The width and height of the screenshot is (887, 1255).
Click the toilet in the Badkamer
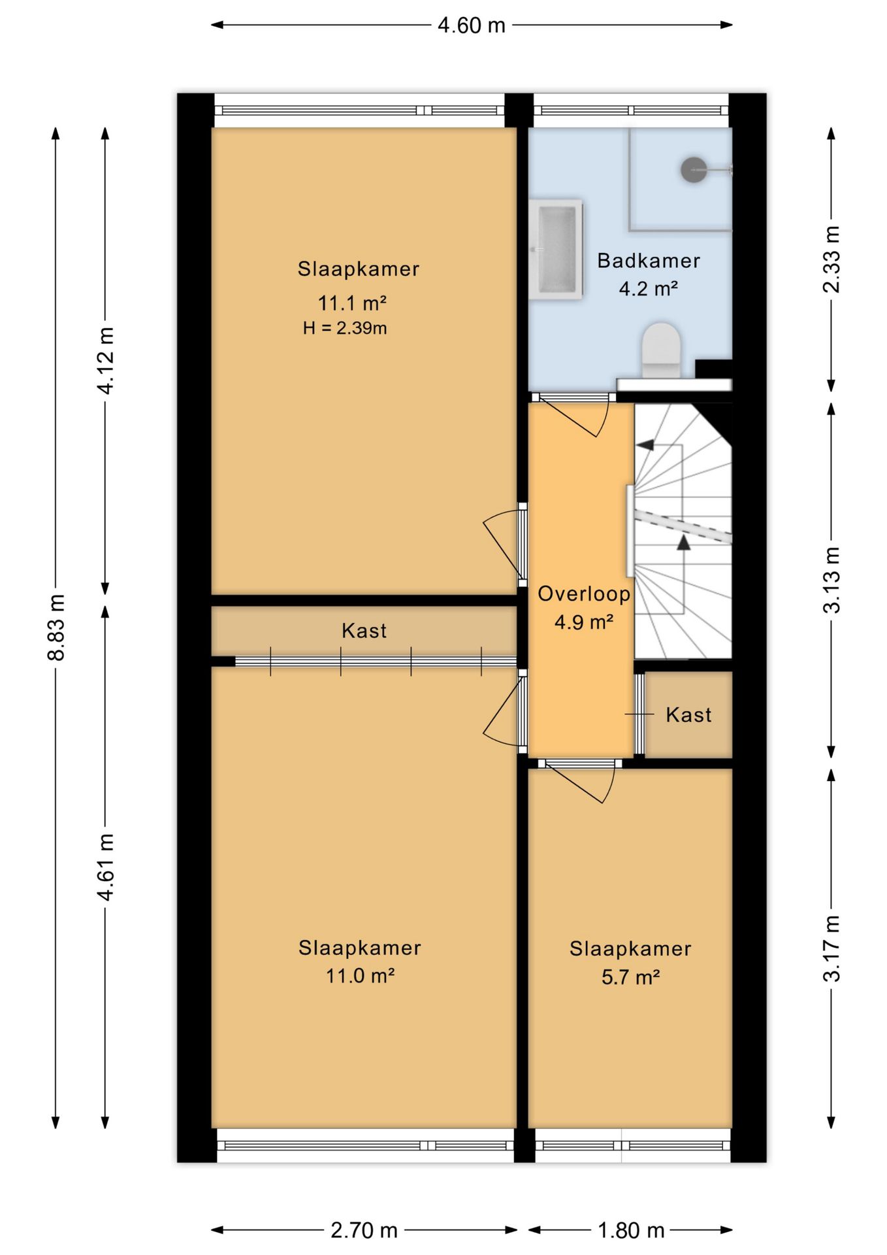662,350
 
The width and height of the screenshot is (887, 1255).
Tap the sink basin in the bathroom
556,249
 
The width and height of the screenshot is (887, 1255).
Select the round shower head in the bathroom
694,170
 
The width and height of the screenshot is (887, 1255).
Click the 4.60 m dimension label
472,25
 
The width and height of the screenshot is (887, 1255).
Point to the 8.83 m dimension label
56,627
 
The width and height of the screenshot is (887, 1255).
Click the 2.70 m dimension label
364,1231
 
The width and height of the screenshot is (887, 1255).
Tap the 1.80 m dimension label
631,1231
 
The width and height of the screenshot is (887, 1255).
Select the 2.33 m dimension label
831,259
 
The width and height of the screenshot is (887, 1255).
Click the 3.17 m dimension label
831,948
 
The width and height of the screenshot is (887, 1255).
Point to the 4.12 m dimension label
105,360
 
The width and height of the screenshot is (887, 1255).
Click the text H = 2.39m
345,328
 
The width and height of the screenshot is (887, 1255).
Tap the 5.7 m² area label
630,977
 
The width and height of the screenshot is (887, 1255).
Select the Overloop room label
584,594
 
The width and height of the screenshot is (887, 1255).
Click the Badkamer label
649,261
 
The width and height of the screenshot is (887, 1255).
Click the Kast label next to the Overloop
688,714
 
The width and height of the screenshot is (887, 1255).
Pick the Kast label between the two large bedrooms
364,631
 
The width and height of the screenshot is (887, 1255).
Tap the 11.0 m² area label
360,976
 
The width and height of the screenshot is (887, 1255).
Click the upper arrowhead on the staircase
645,445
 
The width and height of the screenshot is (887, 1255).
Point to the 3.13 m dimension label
831,580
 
